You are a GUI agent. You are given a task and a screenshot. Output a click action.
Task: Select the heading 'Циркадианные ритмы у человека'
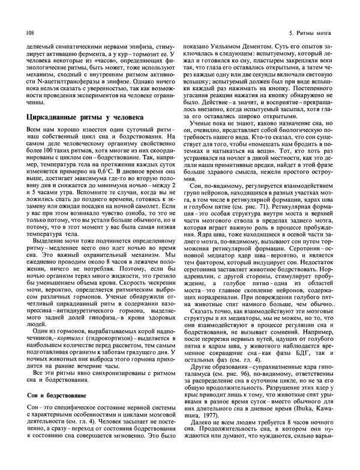pos(85,118)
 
